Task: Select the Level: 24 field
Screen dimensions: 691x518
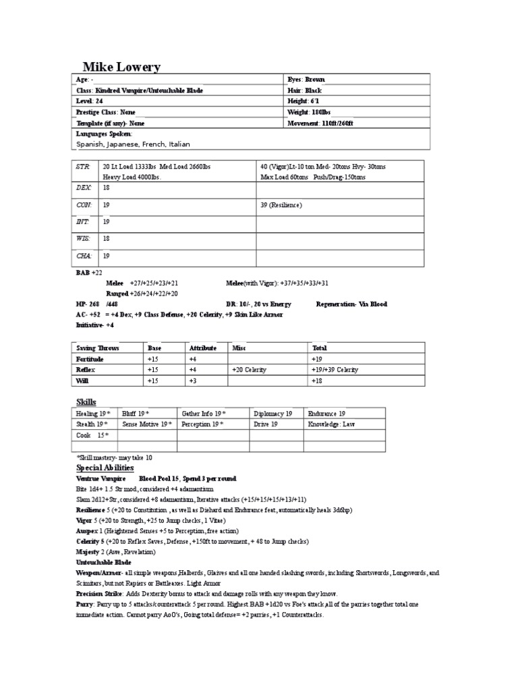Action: coord(90,101)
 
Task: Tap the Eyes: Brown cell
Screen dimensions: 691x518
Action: coord(306,79)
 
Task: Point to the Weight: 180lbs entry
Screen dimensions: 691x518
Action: coord(309,112)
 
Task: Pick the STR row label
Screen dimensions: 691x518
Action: coord(83,166)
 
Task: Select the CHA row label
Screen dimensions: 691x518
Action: coord(83,257)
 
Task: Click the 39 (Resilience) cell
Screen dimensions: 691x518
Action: coord(281,204)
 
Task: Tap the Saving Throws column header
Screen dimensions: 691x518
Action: coord(98,348)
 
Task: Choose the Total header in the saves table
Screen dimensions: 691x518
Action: coord(320,348)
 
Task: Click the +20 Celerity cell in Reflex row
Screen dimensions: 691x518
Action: coord(250,370)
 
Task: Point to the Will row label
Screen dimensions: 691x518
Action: coord(82,381)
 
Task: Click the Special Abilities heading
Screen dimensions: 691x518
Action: coord(105,467)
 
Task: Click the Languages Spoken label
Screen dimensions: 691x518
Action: coord(103,134)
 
